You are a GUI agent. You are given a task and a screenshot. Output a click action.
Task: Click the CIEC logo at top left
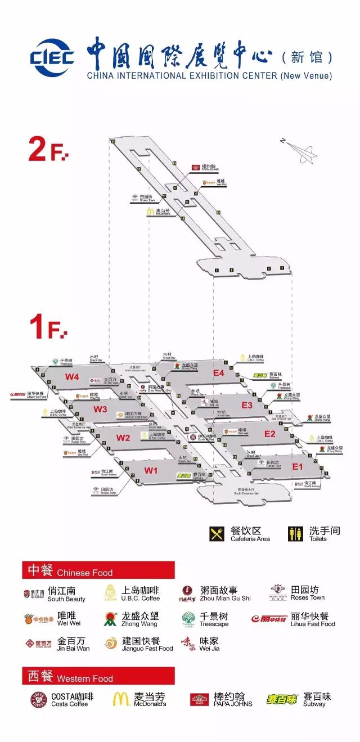pos(52,57)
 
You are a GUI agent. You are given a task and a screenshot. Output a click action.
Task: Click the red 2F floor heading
pos(48,149)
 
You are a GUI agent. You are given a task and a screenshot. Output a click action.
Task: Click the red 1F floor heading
pos(48,327)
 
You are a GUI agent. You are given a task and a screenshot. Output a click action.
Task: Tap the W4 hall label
pos(72,377)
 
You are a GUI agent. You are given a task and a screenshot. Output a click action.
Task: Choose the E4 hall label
pos(218,373)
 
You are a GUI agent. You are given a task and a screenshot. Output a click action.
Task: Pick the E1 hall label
pos(297,466)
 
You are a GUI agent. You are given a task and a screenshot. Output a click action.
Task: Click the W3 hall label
pos(100,409)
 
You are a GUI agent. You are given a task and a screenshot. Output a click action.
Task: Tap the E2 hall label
pos(270,434)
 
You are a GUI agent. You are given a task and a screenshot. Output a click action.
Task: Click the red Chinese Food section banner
pos(98,570)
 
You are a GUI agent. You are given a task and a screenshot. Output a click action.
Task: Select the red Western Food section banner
pos(98,676)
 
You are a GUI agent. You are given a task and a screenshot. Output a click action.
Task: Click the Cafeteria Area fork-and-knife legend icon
pos(217,534)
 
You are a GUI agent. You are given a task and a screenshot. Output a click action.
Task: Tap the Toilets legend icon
pos(295,534)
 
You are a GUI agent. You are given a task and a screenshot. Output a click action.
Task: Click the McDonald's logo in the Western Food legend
pos(120,699)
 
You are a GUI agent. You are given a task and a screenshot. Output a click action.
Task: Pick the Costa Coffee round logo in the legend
pos(39,700)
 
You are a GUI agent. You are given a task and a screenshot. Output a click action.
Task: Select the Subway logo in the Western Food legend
pos(281,699)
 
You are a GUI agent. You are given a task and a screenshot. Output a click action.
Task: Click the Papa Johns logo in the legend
pos(199,700)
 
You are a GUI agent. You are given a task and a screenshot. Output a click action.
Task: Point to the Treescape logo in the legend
pos(189,619)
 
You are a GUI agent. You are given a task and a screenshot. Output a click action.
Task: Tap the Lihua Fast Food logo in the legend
pos(269,619)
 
